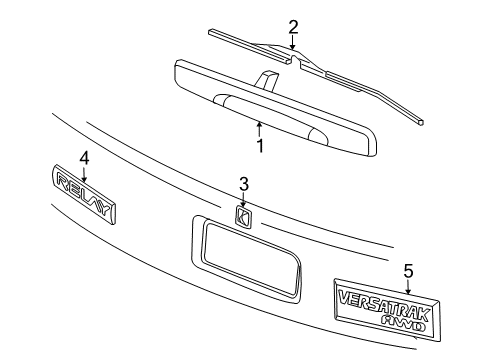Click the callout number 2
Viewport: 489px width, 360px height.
293,26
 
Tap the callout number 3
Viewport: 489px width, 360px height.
243,183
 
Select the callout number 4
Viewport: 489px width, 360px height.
84,157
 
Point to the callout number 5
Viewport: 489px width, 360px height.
408,269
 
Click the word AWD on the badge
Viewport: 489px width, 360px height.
406,322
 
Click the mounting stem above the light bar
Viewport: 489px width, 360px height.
269,79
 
